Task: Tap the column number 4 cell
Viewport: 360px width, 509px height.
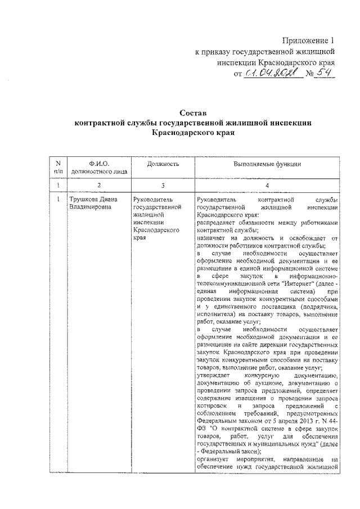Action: (x=267, y=184)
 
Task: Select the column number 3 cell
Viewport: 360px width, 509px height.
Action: (x=163, y=184)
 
